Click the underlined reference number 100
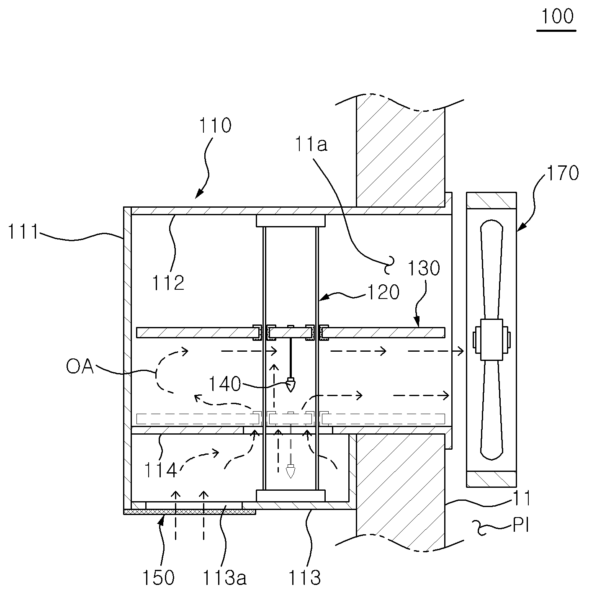(x=557, y=16)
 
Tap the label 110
(x=215, y=126)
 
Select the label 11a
(x=311, y=144)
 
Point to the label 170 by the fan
(x=563, y=173)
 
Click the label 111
(x=23, y=232)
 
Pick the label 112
(x=168, y=283)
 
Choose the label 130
(x=424, y=268)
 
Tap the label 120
(x=383, y=292)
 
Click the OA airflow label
(x=80, y=366)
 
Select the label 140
(x=224, y=384)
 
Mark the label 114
(x=161, y=470)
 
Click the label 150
(x=158, y=577)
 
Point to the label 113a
(x=224, y=577)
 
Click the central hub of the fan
(x=491, y=340)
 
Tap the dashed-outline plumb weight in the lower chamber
(x=291, y=471)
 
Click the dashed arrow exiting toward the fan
(x=435, y=352)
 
